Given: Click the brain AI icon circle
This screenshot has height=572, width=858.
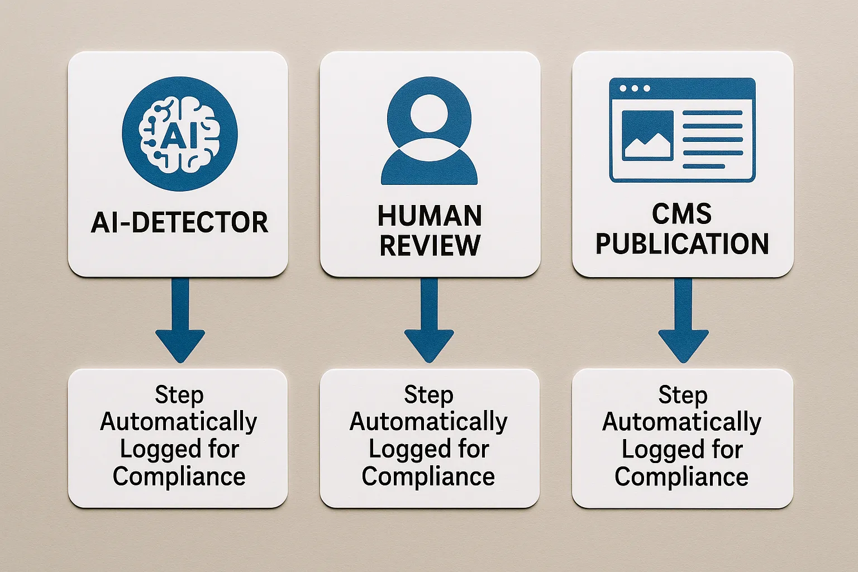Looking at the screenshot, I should coord(179,134).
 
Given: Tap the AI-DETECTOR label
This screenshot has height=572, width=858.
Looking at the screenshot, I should coord(179,222).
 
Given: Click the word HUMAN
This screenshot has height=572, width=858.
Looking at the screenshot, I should coord(430,216).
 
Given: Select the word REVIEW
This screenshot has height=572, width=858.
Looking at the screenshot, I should coord(430,245).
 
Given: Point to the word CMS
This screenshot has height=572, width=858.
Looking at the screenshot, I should coord(682,214).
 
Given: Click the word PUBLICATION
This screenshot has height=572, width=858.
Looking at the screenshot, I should coord(682,244).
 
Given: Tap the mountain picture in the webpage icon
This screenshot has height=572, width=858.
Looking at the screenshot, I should coord(647,136).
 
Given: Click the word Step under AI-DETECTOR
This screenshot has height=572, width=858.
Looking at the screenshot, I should coord(179,394).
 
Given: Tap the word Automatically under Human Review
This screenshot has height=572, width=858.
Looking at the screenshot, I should coord(428,422).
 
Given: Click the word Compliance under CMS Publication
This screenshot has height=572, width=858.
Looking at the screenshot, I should coord(681,477).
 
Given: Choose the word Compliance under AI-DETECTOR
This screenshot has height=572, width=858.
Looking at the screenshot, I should coord(179,476).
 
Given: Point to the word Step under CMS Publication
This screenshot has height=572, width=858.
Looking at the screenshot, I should coord(683,395).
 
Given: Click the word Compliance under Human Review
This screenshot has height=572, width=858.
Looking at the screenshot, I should coord(428,476).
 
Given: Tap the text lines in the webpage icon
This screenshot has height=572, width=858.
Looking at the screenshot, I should coord(712,139).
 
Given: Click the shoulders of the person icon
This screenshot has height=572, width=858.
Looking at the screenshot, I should coord(429,168).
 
